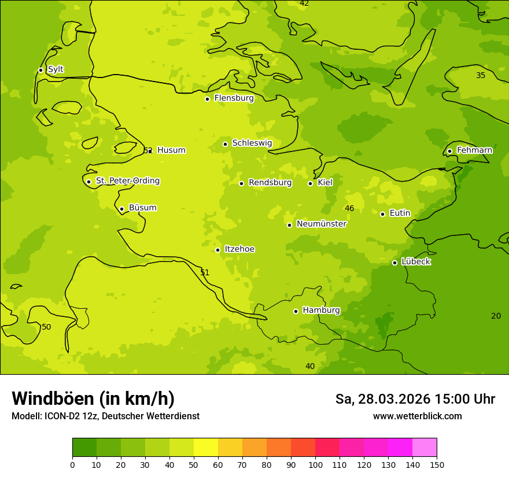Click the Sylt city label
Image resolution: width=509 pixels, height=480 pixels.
point(56,69)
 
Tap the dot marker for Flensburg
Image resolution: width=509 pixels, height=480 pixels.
point(207,99)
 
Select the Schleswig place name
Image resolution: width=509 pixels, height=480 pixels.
point(252,143)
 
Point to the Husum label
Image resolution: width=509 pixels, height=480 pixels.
point(171,150)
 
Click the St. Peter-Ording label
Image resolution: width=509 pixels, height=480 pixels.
point(127,181)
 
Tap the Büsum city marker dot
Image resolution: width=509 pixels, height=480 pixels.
point(121,209)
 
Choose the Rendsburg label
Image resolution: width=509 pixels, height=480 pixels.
point(270,183)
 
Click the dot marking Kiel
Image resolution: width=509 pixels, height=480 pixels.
point(310,183)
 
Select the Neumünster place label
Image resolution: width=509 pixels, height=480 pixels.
point(321,224)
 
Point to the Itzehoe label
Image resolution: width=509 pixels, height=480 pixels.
point(239,249)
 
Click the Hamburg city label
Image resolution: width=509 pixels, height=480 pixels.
point(321,311)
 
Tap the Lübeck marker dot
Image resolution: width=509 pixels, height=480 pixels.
point(394,263)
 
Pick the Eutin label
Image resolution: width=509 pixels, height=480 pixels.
point(400,213)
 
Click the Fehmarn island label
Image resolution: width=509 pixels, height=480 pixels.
point(474,150)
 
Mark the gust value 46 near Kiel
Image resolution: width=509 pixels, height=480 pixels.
point(349,208)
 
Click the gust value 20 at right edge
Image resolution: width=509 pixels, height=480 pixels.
point(496,316)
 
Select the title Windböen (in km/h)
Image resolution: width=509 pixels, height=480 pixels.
point(93,398)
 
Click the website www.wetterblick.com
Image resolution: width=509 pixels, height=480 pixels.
point(417,416)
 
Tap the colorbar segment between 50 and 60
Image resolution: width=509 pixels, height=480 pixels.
point(206,448)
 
